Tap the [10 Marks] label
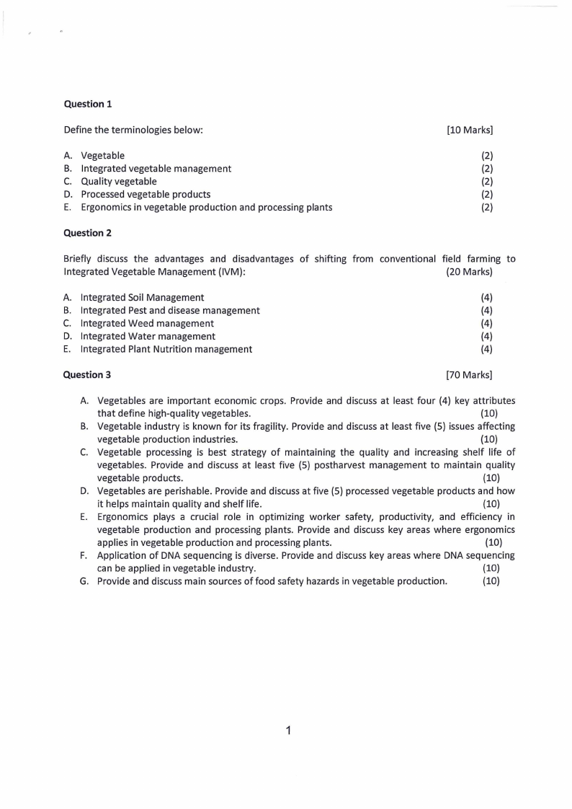click(x=470, y=130)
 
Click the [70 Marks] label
click(x=470, y=374)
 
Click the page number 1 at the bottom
click(x=287, y=731)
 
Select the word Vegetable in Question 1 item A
click(x=102, y=156)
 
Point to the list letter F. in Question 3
click(x=84, y=556)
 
